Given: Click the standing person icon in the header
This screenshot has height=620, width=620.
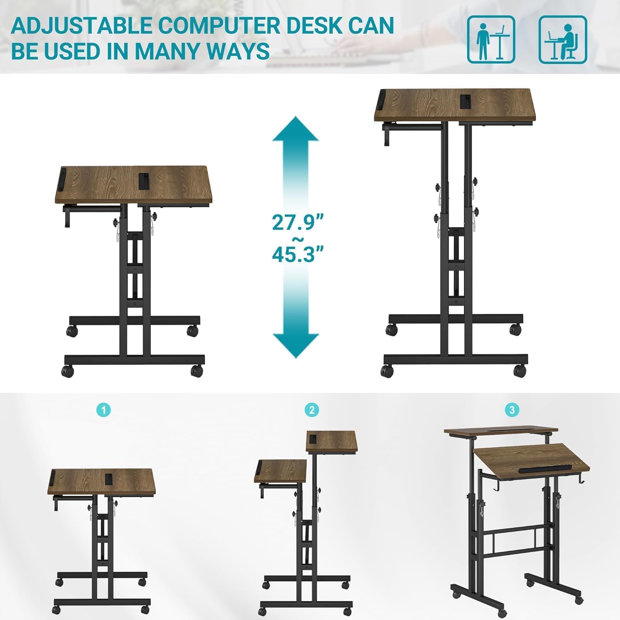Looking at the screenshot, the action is coord(491,39).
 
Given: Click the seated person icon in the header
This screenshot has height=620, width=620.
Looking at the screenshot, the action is coord(563,39).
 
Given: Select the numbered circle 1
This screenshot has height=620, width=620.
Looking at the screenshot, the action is coord(103,410).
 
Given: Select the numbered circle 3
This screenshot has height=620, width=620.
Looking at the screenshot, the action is coord(512,410).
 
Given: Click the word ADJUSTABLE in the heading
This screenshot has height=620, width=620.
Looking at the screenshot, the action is coord(81,26).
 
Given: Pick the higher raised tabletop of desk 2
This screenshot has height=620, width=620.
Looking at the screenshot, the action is coord(331,442).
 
